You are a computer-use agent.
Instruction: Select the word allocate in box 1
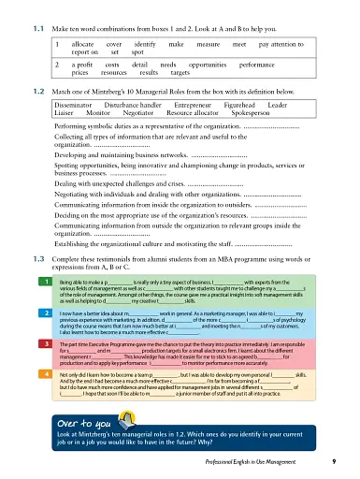point(85,44)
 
